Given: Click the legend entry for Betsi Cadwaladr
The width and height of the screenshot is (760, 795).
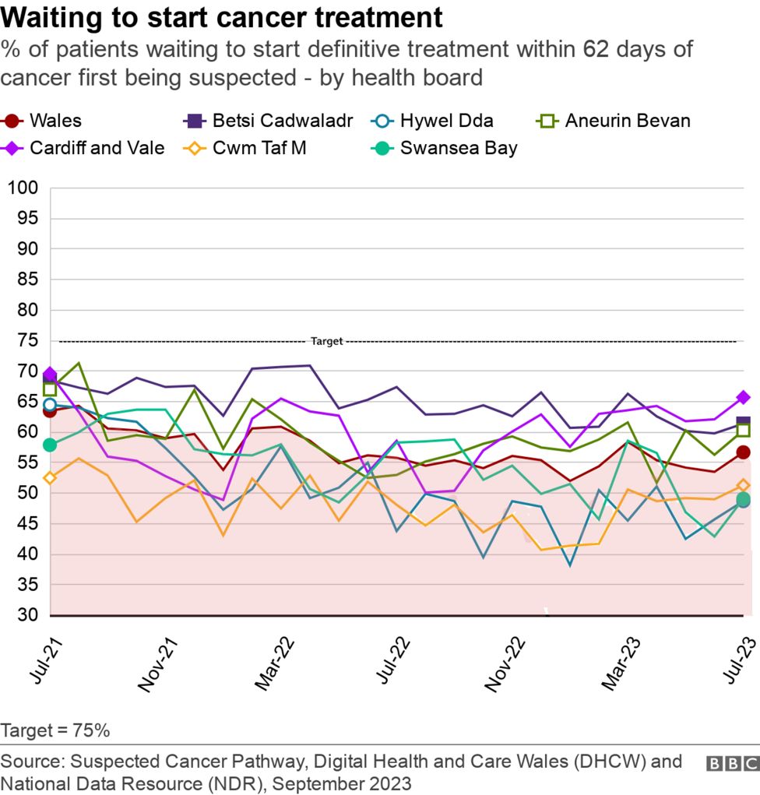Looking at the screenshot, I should click(x=267, y=121).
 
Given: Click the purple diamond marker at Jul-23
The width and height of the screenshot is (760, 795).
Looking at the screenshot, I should click(x=743, y=397).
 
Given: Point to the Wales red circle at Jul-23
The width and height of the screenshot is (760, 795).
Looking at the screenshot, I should click(x=743, y=452).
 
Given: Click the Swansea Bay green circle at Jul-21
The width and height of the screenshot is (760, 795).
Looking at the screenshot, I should click(x=51, y=445).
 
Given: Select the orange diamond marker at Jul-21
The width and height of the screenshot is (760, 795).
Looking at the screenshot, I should click(x=51, y=478).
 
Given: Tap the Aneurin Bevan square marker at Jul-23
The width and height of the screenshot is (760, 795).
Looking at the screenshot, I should click(x=743, y=430).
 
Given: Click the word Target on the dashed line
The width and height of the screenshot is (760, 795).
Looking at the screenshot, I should click(x=326, y=341).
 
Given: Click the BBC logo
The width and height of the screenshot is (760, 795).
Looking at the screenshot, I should click(x=731, y=764).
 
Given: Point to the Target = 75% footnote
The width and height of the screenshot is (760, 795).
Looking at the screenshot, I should click(x=55, y=731).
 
